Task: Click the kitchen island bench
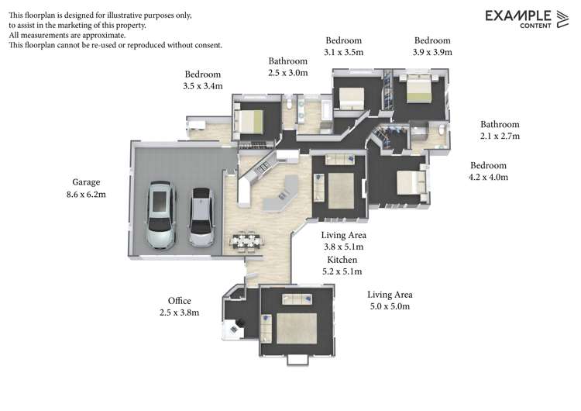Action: (x=280, y=192)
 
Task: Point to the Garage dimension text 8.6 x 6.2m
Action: (x=87, y=195)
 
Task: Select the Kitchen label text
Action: (x=342, y=259)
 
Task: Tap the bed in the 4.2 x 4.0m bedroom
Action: (x=410, y=182)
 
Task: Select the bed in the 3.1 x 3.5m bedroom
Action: (x=351, y=97)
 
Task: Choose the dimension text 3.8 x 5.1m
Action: (x=344, y=247)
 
